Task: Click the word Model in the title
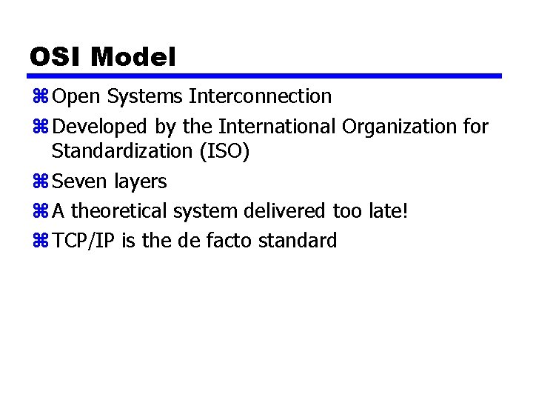[133, 57]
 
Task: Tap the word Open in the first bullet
[78, 97]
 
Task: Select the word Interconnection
[261, 97]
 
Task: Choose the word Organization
[399, 127]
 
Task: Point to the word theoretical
[119, 211]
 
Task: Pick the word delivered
[282, 211]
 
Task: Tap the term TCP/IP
[84, 241]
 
